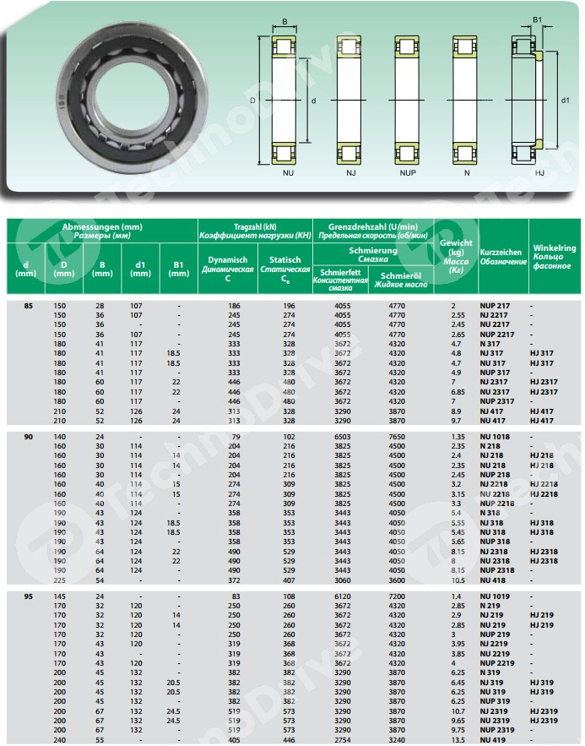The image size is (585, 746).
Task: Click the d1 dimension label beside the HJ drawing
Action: (x=565, y=99)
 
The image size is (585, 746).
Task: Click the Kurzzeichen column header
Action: (x=502, y=257)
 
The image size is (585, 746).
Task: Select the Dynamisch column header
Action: (x=227, y=270)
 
